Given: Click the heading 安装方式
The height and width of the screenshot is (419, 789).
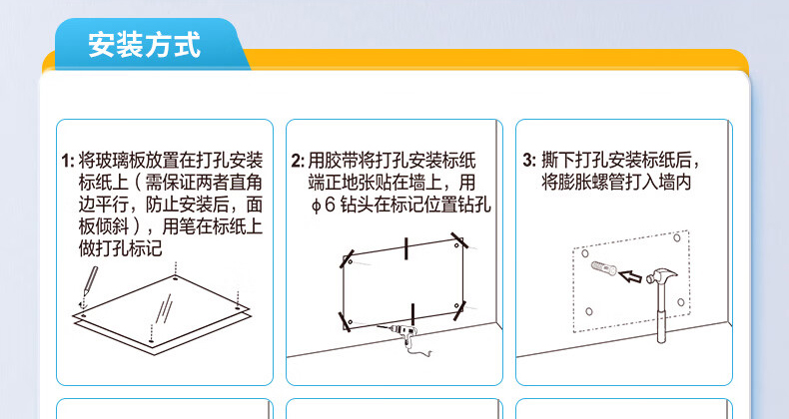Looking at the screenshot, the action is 145,44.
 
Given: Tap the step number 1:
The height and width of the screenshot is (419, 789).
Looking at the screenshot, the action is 68,162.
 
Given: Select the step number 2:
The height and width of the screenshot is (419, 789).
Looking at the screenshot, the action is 298,162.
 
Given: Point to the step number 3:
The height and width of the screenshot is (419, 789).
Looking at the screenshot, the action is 529,161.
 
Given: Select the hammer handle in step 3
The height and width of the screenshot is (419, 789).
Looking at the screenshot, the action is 662,312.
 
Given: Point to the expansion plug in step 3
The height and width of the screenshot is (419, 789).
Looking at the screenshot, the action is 604,268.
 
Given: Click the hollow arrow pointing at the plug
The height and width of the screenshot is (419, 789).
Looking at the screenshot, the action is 630,276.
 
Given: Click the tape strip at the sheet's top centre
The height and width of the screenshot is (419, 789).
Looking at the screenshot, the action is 405,248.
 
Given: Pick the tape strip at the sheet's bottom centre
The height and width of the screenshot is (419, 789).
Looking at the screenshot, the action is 412,314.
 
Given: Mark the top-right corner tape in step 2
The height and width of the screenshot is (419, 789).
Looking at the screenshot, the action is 459,240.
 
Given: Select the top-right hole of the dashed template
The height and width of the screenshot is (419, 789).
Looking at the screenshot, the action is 677,237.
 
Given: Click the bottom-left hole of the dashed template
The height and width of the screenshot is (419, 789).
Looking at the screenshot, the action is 589,311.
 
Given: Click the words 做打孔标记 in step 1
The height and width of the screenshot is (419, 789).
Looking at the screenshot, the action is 120,248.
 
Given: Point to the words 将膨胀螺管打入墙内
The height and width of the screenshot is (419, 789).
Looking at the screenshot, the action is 616,183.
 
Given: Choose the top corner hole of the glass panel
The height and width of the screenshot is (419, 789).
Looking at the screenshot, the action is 175,277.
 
